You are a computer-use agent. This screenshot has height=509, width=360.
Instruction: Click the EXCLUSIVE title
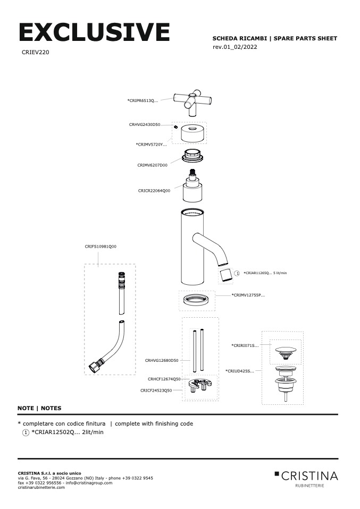pyautogui.click(x=94, y=32)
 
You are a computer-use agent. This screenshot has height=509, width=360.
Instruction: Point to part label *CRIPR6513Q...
pyautogui.click(x=143, y=100)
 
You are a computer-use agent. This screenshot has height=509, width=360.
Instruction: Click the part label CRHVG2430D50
pyautogui.click(x=145, y=124)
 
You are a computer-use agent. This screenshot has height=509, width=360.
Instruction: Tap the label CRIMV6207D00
pyautogui.click(x=152, y=165)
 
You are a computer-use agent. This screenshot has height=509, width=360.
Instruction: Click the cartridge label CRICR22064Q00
pyautogui.click(x=154, y=190)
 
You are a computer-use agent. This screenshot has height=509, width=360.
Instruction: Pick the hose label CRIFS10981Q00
pyautogui.click(x=101, y=247)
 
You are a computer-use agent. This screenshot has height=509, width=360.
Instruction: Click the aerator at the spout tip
pyautogui.click(x=227, y=275)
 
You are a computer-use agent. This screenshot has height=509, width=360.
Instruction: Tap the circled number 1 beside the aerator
pyautogui.click(x=237, y=273)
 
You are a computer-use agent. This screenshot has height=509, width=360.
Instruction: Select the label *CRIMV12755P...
pyautogui.click(x=248, y=294)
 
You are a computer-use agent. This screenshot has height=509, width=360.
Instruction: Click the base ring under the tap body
pyautogui.click(x=197, y=302)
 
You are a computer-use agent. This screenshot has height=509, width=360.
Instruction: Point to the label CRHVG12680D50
pyautogui.click(x=162, y=360)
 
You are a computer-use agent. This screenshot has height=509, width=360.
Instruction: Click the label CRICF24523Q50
pyautogui.click(x=156, y=390)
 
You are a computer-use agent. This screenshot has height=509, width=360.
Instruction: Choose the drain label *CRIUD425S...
pyautogui.click(x=240, y=371)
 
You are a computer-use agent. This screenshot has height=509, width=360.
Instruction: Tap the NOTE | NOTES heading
pyautogui.click(x=39, y=408)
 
